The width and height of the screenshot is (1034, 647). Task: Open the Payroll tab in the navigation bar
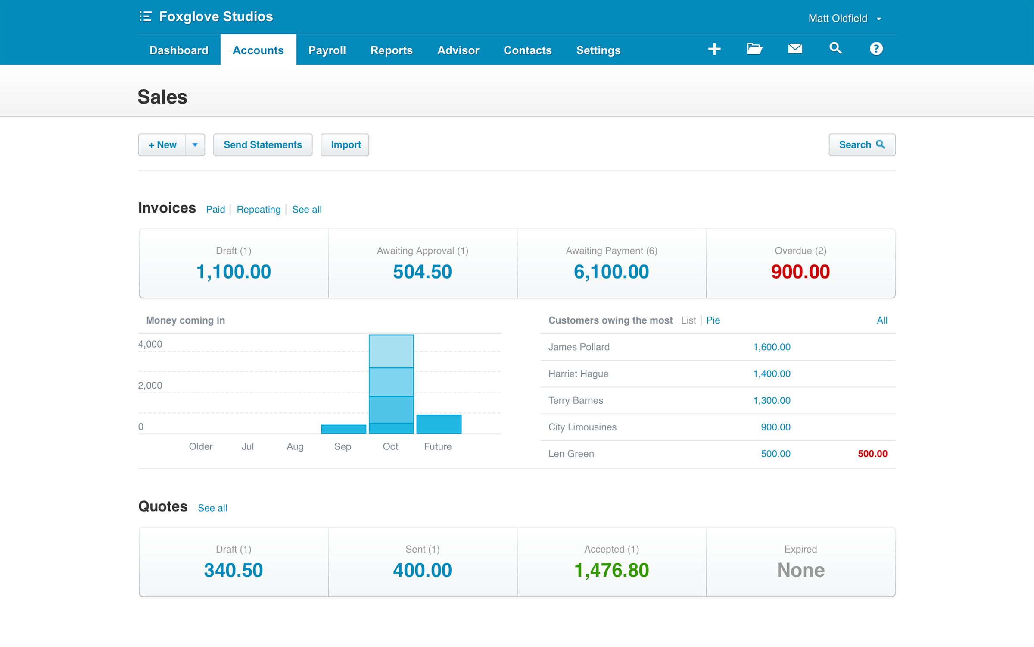point(327,50)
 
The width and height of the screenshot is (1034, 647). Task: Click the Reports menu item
point(391,50)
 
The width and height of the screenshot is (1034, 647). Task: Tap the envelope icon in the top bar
point(795,48)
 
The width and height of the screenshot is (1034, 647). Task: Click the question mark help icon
point(876,48)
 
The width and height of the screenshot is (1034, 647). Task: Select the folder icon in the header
point(754,48)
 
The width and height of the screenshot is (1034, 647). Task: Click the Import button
point(345,144)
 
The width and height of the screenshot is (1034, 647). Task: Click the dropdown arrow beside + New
point(195,144)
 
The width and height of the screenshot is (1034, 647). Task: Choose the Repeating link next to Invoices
point(258,209)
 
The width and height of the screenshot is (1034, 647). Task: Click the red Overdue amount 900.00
point(800,272)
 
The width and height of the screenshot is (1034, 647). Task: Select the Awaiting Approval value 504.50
point(422,272)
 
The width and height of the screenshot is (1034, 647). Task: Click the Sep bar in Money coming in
point(343,429)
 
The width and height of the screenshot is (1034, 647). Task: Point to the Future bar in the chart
point(439,424)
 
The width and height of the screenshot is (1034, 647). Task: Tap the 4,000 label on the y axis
point(150,344)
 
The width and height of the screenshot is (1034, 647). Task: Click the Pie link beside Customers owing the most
point(713,320)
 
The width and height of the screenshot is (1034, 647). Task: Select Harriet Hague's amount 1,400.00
point(771,374)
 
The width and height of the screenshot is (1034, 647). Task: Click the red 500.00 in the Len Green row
point(872,453)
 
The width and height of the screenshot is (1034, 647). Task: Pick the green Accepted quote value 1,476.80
point(611,570)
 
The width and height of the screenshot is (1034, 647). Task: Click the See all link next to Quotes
point(212,508)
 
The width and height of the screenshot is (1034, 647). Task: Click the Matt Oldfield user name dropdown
point(844,18)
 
